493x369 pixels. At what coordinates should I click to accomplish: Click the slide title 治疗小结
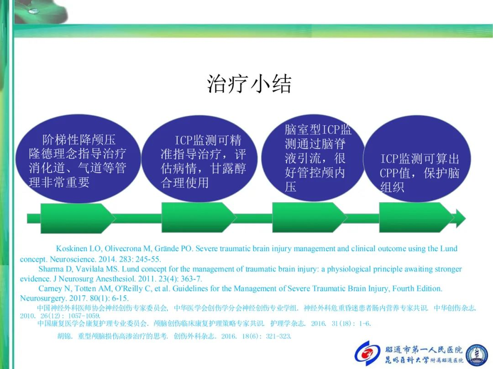249,84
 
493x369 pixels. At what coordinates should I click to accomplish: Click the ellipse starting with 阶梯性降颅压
78,159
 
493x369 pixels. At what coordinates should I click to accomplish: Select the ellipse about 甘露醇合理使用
199,159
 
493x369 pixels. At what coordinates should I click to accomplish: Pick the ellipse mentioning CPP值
417,159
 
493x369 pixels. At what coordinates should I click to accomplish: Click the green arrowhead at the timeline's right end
459,218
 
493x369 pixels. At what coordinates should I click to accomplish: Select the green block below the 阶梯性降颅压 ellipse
78,218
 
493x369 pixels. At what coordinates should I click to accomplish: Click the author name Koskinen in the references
71,249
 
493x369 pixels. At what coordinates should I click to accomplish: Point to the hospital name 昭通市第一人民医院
424,349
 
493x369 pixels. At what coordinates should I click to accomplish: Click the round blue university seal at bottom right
477,355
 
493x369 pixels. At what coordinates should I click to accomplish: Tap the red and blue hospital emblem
367,354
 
